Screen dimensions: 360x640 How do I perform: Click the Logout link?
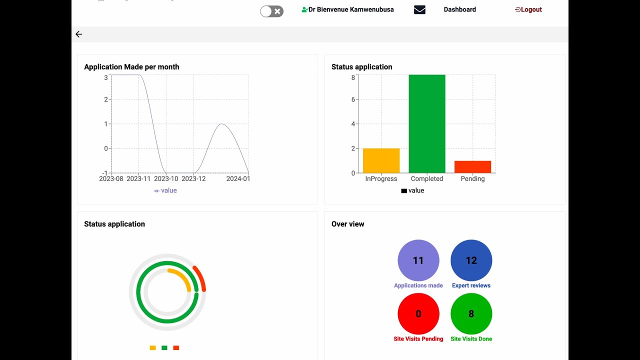coord(528,9)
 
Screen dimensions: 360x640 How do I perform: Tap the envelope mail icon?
coord(419,9)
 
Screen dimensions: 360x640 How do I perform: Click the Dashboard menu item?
coord(459,9)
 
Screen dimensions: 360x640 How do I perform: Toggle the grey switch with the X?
coord(271,11)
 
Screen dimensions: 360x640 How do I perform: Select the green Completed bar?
coord(426,124)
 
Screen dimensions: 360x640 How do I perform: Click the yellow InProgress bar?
coord(381,160)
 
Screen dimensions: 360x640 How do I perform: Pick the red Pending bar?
coord(472,167)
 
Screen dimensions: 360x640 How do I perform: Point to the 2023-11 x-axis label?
coord(138,178)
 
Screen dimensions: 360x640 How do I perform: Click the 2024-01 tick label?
coord(238,178)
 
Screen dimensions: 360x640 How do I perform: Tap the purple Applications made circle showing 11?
coord(418,260)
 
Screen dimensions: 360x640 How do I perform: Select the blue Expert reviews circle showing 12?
coord(471,260)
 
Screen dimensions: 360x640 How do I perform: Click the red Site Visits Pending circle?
coord(418,314)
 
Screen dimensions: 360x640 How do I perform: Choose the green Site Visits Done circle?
coord(471,314)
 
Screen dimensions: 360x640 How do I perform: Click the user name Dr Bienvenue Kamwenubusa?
coord(350,9)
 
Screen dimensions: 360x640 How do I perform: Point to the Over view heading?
coord(347,224)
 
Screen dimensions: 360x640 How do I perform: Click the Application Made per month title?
coord(131,67)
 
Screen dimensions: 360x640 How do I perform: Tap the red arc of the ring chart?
coord(200,278)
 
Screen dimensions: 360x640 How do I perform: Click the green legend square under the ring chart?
coord(164,348)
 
